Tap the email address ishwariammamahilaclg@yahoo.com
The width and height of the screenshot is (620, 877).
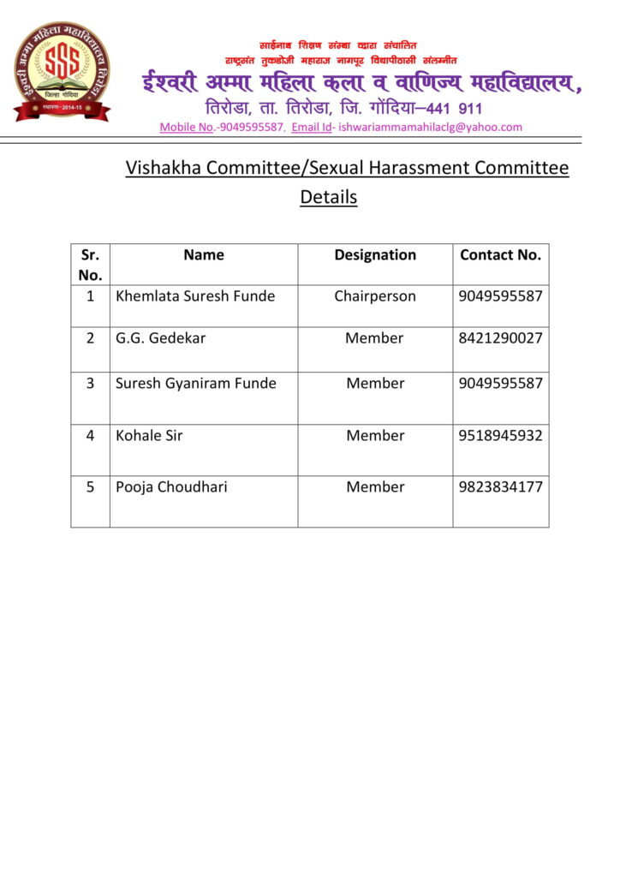(430, 127)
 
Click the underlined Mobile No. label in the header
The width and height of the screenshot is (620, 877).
(186, 127)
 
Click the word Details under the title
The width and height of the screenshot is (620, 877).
(328, 197)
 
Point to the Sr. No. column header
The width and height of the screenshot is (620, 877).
(90, 265)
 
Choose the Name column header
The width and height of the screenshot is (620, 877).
(204, 255)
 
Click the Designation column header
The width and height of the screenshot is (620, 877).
(375, 255)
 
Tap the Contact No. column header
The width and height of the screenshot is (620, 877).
(501, 255)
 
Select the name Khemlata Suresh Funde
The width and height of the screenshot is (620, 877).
(195, 296)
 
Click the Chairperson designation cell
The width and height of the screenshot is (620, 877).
(375, 296)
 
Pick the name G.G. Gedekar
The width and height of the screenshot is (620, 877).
(161, 338)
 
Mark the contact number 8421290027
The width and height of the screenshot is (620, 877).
(501, 338)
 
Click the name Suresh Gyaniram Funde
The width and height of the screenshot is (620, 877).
(196, 384)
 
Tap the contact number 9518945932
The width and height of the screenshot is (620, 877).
(501, 436)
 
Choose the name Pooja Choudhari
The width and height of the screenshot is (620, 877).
(171, 487)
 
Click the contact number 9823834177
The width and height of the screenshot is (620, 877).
(501, 487)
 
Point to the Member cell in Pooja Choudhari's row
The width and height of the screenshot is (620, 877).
(375, 487)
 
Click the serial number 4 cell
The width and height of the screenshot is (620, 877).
(90, 436)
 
